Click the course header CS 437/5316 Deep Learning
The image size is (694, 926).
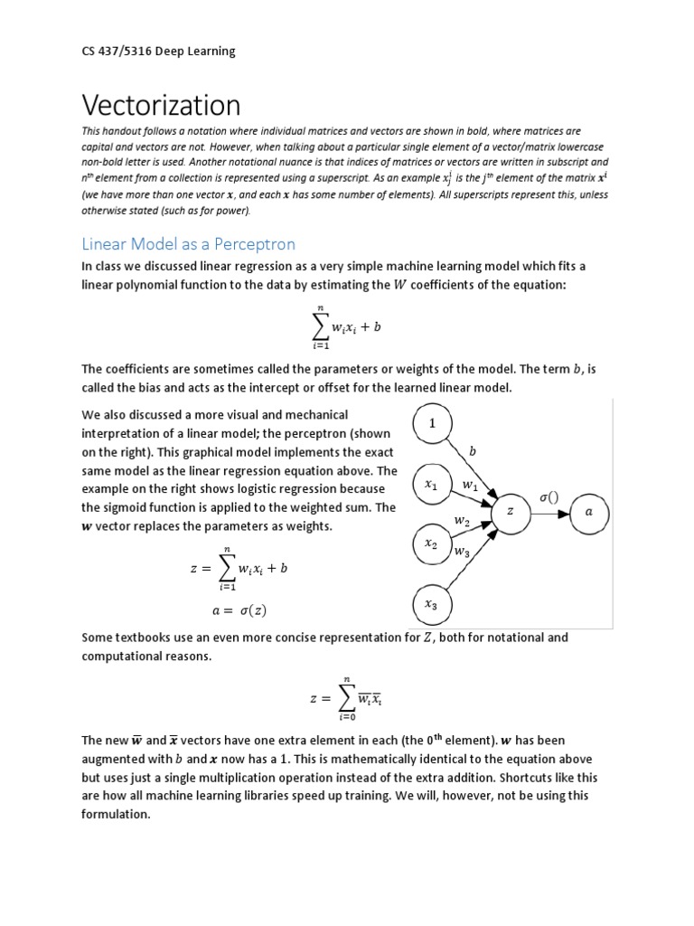[158, 51]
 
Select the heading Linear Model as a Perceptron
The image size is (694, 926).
[188, 244]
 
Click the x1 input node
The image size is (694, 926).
[432, 486]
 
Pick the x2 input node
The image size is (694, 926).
[432, 545]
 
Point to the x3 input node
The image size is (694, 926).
[432, 606]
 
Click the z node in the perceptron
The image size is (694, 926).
[511, 512]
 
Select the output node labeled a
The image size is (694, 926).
[589, 512]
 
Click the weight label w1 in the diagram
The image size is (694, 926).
[470, 487]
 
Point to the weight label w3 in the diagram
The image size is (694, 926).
[462, 551]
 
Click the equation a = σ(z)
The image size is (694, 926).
[239, 609]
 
